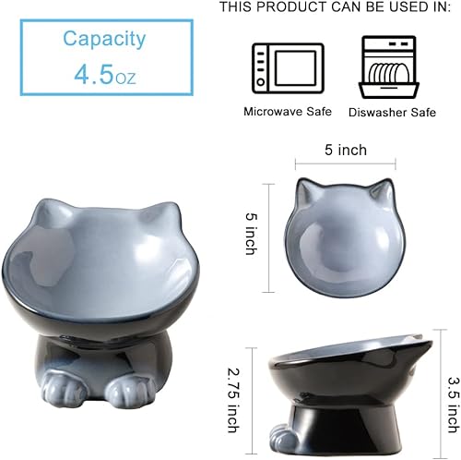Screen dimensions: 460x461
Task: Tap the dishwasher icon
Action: [x=390, y=67]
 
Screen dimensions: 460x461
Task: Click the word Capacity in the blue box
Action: [x=104, y=39]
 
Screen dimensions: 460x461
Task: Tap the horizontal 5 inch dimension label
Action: [x=346, y=151]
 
